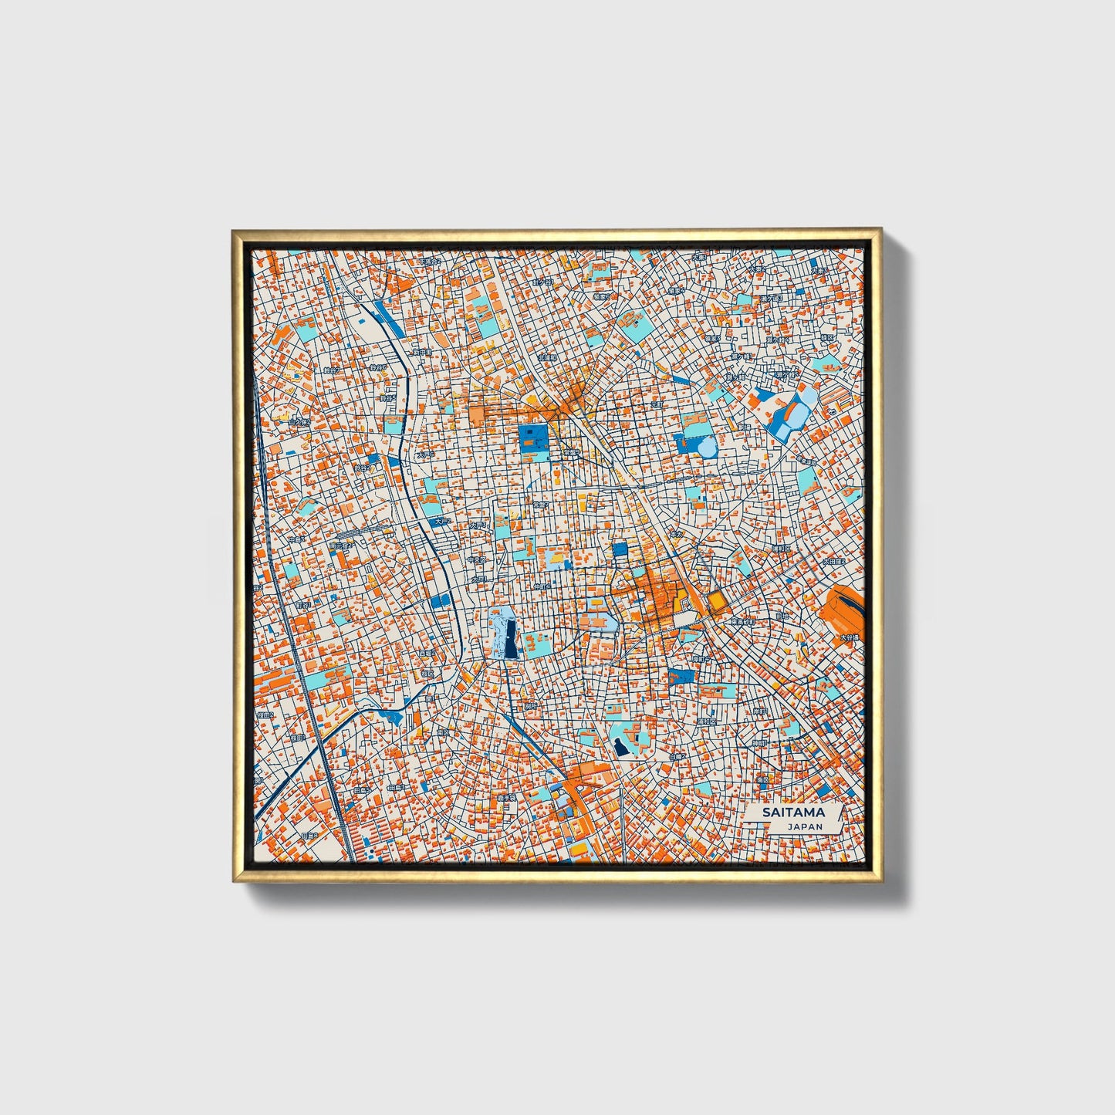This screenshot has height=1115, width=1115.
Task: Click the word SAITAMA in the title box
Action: [793, 812]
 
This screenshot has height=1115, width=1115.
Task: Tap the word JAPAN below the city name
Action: [805, 826]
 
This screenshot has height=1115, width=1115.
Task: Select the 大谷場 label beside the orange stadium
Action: [849, 637]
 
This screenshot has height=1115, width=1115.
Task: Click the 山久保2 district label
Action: [299, 422]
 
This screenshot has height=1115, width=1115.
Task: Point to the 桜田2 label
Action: [267, 715]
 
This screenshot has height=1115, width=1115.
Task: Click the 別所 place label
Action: [530, 705]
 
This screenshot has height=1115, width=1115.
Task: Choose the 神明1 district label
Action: [761, 743]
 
